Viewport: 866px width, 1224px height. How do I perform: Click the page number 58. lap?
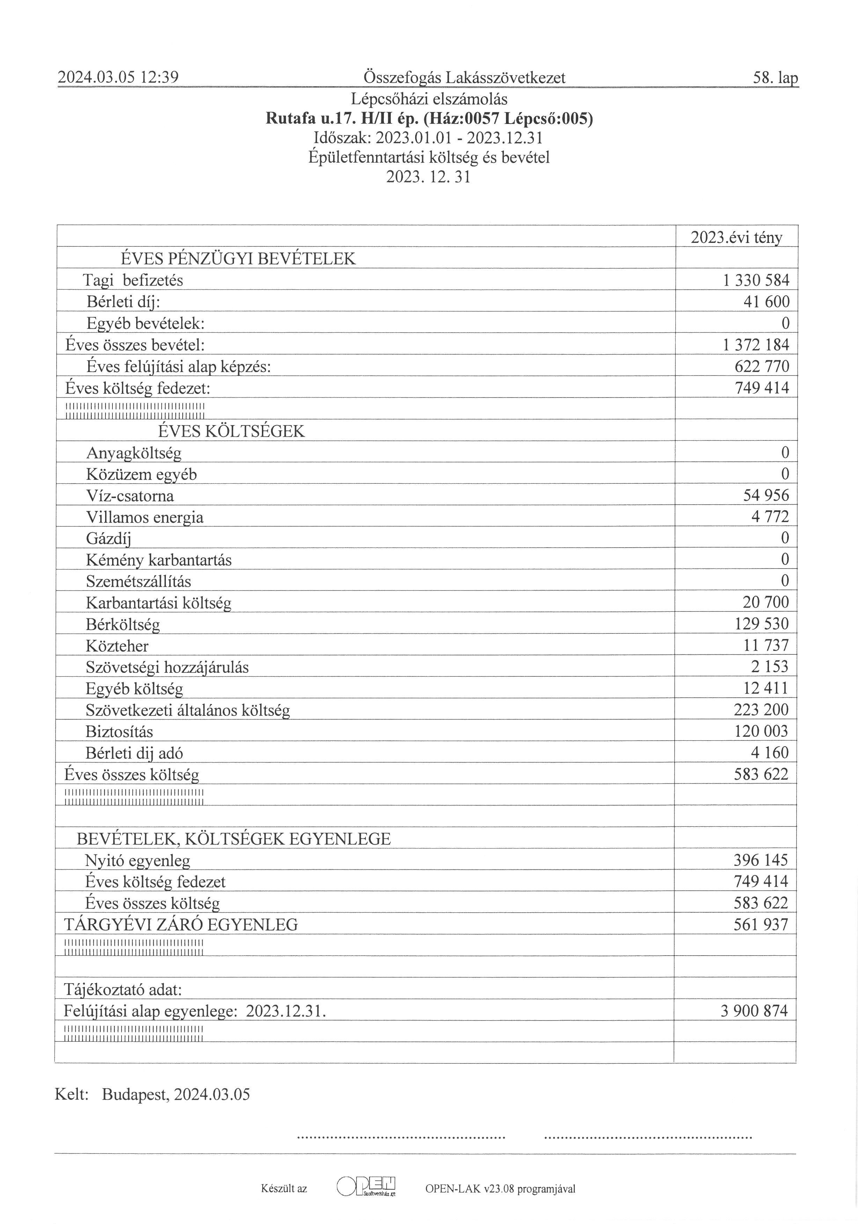pos(775,79)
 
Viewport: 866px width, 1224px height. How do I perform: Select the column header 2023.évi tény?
pos(736,238)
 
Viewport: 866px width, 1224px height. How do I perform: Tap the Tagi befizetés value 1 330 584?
pos(756,280)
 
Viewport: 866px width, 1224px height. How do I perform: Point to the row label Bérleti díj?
pos(123,302)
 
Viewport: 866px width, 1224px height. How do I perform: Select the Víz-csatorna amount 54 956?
pos(766,496)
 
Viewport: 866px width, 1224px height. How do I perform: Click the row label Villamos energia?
pos(145,517)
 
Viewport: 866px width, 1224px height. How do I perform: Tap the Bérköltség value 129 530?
pos(762,624)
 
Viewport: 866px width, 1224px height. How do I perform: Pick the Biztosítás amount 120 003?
pos(762,732)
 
